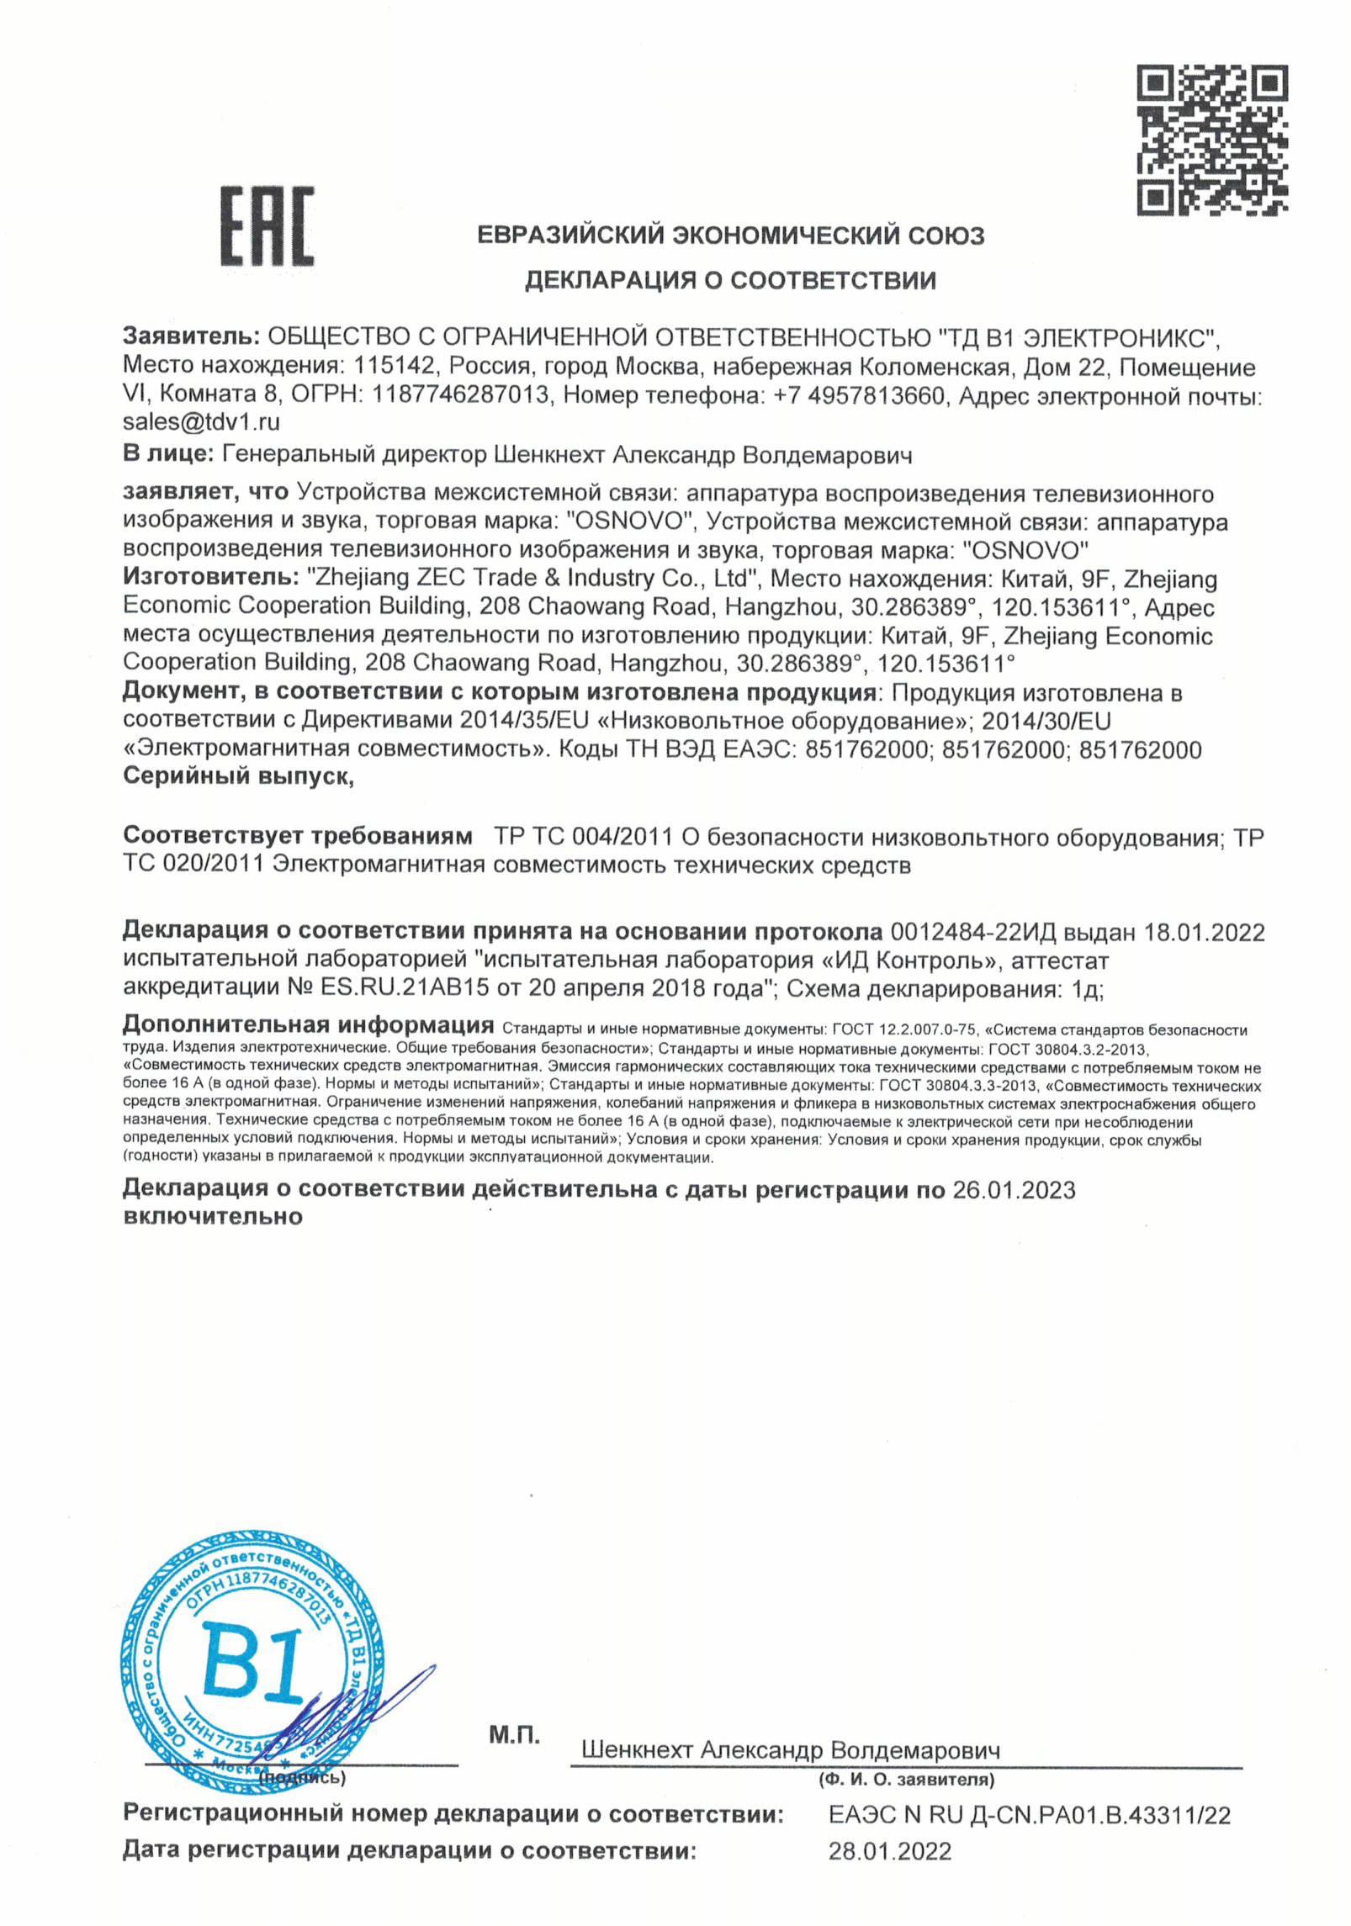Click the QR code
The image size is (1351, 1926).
pos(1211,140)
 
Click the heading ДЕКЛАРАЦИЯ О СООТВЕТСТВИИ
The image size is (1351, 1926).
pos(730,280)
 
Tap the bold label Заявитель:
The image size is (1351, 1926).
pos(191,337)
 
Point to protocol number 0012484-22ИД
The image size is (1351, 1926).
pos(972,932)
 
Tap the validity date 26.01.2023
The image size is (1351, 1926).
pos(1014,1190)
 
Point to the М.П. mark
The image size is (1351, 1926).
pos(514,1734)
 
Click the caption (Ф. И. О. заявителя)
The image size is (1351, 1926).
pos(906,1780)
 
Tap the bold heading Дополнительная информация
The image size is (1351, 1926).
pos(308,1025)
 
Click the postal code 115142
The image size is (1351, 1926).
pos(395,367)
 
